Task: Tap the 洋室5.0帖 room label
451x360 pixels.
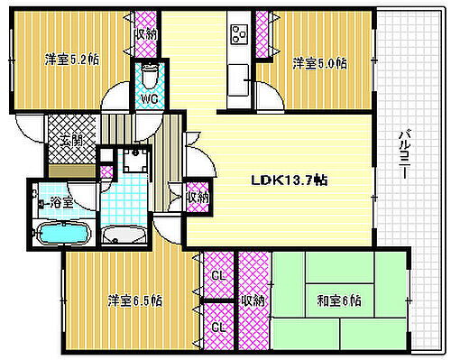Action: [x=319, y=63]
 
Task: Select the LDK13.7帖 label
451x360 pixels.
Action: [x=289, y=180]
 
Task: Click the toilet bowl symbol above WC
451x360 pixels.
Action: [x=149, y=71]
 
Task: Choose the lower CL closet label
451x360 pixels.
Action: [x=217, y=328]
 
